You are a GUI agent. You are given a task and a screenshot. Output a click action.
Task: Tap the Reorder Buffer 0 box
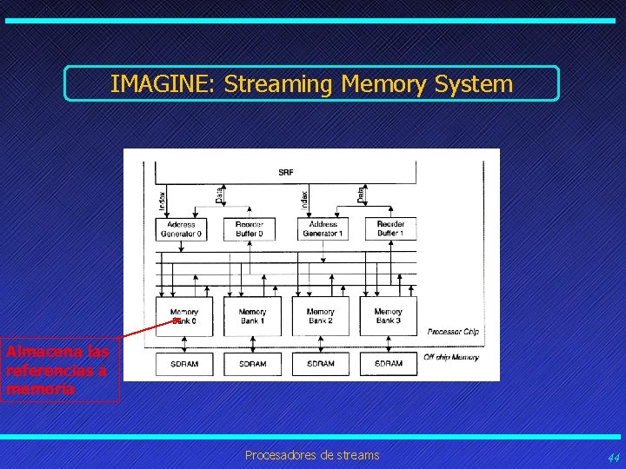click(x=250, y=228)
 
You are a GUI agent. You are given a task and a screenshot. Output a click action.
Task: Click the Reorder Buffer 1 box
click(x=390, y=228)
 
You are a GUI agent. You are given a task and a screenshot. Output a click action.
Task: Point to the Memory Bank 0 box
click(x=183, y=316)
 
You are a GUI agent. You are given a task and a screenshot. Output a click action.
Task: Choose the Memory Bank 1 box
click(x=251, y=316)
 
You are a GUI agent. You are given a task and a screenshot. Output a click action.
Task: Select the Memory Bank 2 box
click(x=320, y=316)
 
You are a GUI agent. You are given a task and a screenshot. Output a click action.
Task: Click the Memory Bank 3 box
click(x=389, y=316)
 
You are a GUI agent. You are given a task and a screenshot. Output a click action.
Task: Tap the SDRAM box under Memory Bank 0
click(x=183, y=363)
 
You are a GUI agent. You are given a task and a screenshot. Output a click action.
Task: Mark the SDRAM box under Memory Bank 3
click(x=389, y=363)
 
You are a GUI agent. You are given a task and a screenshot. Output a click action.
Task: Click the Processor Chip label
click(x=452, y=332)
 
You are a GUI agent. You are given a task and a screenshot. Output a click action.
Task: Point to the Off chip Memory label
click(x=450, y=357)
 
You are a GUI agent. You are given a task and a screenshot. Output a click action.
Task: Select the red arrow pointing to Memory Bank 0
click(x=148, y=328)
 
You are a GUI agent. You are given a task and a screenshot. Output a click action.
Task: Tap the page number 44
click(x=614, y=457)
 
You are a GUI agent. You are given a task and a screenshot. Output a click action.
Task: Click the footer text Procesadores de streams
click(x=312, y=455)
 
